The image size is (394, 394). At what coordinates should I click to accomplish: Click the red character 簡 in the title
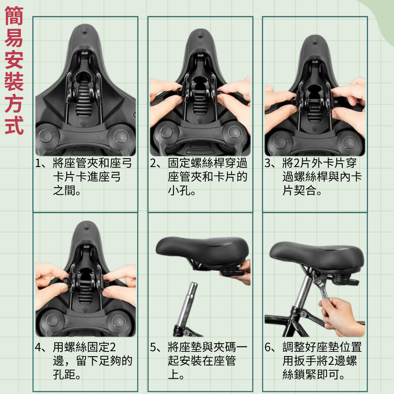pyautogui.click(x=14, y=16)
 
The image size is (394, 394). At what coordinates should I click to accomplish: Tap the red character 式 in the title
pyautogui.click(x=14, y=125)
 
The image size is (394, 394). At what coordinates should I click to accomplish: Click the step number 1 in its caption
pyautogui.click(x=39, y=164)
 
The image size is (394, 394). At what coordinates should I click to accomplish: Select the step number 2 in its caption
pyautogui.click(x=153, y=164)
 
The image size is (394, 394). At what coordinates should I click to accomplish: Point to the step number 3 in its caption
pyautogui.click(x=268, y=164)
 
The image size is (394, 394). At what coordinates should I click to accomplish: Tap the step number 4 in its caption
pyautogui.click(x=38, y=348)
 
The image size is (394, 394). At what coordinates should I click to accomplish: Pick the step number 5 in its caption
pyautogui.click(x=153, y=348)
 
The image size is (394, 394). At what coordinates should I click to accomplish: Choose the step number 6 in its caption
pyautogui.click(x=268, y=348)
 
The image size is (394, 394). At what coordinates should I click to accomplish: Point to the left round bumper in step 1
pyautogui.click(x=46, y=136)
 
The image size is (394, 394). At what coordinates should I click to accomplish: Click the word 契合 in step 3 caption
pyautogui.click(x=305, y=191)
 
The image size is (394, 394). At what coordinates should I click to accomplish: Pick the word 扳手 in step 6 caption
pyautogui.click(x=305, y=361)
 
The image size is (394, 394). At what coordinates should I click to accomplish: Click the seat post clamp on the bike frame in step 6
pyautogui.click(x=301, y=313)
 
